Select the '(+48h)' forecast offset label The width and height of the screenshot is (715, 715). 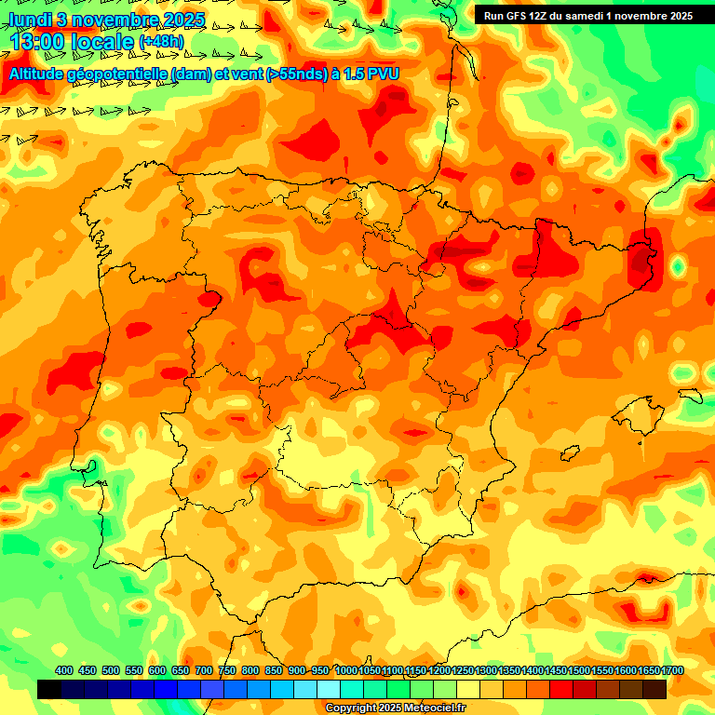pos(161,42)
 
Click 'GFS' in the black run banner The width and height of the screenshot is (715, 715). pos(517,15)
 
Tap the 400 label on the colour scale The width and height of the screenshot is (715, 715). pos(64,670)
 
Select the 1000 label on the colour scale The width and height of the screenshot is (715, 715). pos(345,670)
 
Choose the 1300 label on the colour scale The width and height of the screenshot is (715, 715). pos(485,670)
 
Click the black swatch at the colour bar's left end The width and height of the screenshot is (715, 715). pos(49,689)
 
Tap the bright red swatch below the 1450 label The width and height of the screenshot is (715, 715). pos(561,689)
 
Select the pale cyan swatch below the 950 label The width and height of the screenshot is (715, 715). pos(329,689)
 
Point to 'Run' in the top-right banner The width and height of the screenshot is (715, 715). pos(494,15)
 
